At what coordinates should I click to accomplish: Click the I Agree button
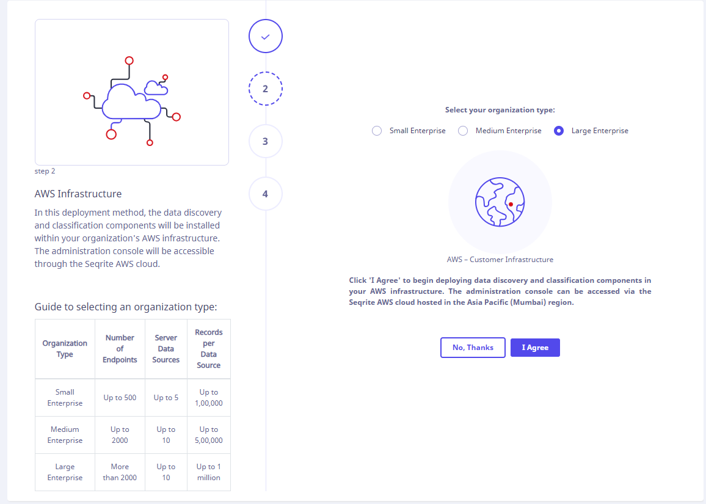(535, 348)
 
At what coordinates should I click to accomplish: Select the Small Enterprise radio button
(377, 131)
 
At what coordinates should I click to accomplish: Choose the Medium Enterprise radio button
(463, 131)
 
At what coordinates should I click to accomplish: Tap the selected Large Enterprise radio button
(559, 131)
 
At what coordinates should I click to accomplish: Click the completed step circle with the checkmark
(266, 36)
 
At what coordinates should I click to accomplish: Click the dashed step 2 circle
(266, 89)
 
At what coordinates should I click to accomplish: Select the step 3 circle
(266, 142)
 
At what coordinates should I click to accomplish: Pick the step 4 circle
(266, 194)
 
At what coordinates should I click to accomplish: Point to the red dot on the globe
(511, 205)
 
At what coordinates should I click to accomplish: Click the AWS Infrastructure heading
(78, 194)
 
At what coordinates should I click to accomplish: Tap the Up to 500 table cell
(120, 398)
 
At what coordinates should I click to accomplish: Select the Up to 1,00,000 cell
(209, 398)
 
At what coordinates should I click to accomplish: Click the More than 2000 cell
(120, 472)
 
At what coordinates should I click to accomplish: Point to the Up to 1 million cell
(209, 472)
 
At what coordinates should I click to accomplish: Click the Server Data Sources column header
(166, 349)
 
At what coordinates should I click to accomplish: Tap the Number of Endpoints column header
(120, 349)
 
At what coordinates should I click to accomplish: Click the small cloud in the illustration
(156, 88)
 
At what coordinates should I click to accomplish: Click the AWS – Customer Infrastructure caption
(500, 260)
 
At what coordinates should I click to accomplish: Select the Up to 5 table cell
(166, 398)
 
